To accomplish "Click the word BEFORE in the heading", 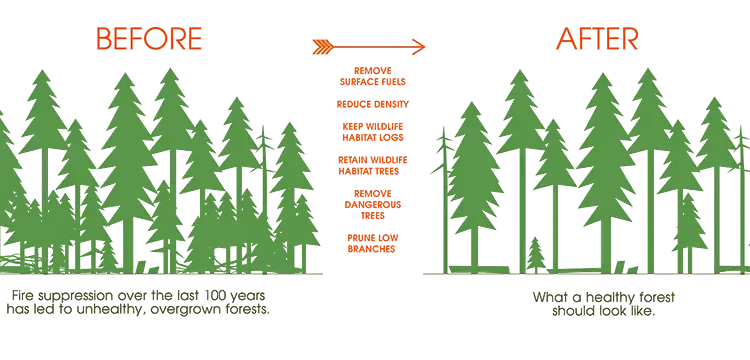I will coord(148,38).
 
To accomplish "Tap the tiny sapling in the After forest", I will coord(536,254).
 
